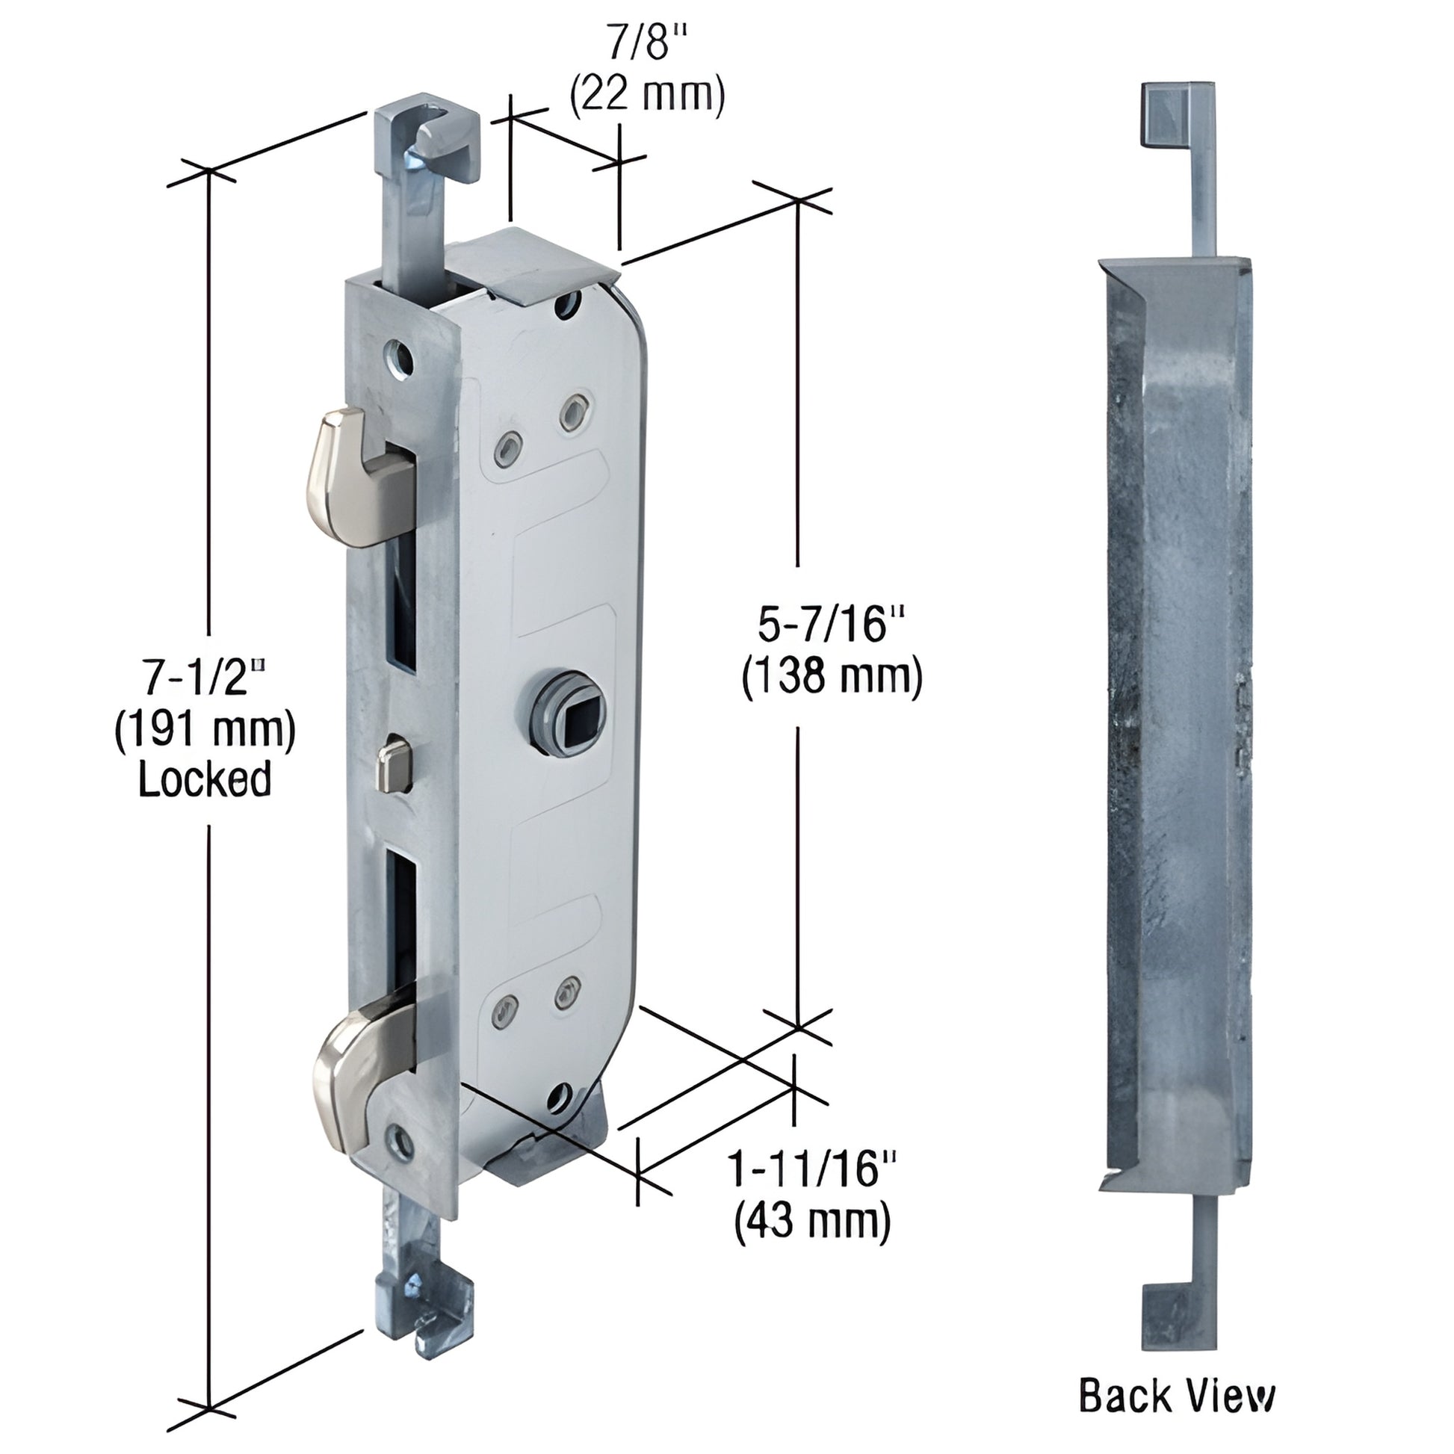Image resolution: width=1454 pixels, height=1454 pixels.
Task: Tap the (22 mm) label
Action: pos(646,96)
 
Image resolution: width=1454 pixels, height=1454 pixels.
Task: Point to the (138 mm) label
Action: pos(832,678)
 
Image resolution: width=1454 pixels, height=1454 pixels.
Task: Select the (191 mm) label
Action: pos(205,728)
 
